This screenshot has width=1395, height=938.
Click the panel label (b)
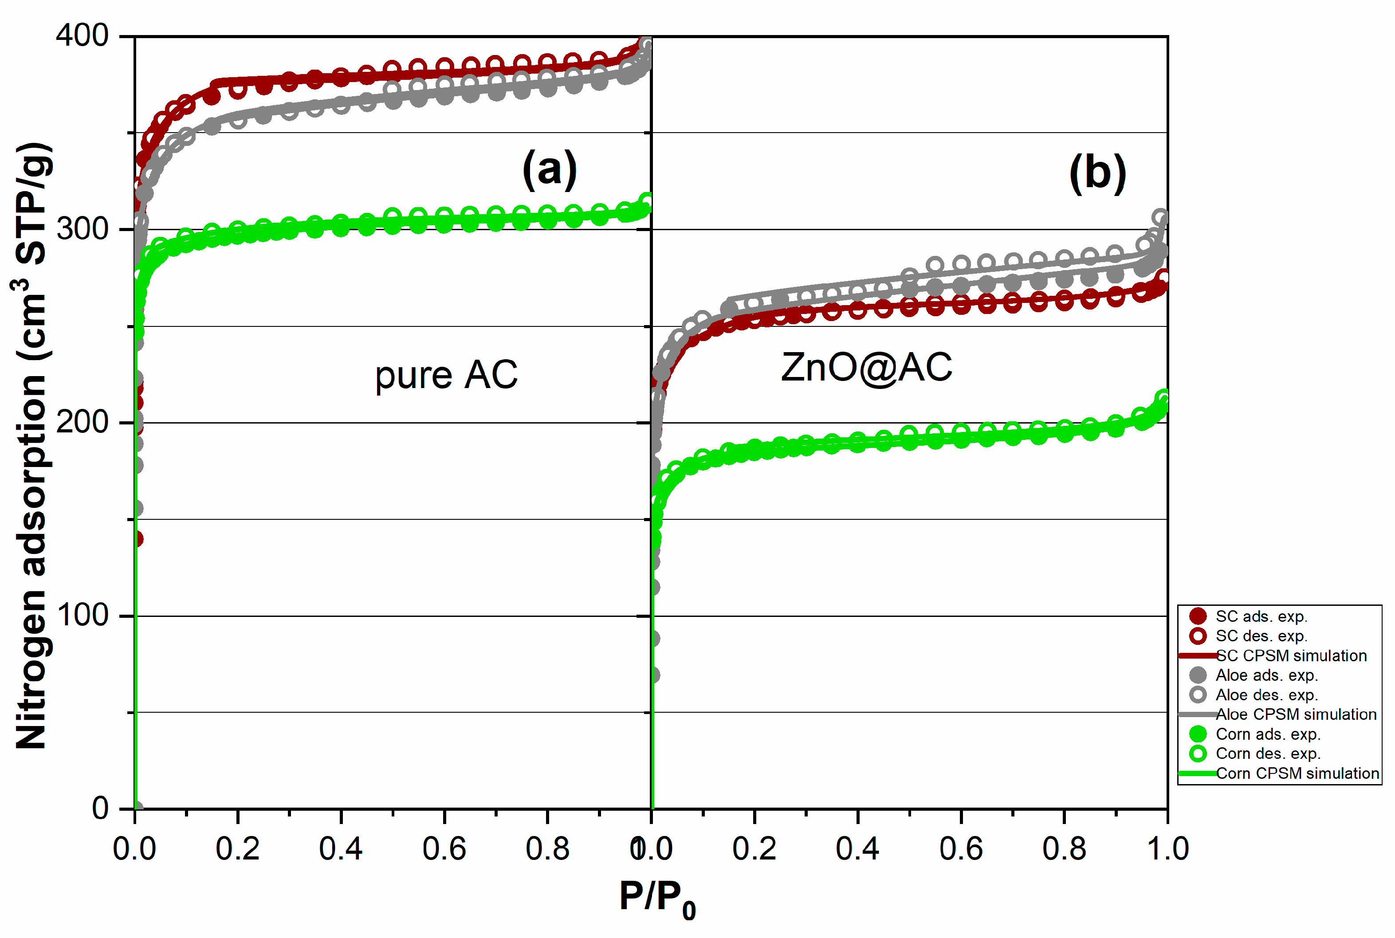pos(1097,173)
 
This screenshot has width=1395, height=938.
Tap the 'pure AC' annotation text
pos(446,375)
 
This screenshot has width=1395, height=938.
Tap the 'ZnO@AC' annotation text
pos(866,367)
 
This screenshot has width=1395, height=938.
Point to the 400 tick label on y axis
pos(82,36)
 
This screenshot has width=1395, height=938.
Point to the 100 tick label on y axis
pos(82,615)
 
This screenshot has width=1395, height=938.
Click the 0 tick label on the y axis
pos(100,808)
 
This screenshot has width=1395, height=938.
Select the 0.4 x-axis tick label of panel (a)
pos(340,849)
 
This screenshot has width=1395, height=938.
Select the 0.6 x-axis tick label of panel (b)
pos(960,849)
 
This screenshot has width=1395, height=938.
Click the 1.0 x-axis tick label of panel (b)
pos(1167,849)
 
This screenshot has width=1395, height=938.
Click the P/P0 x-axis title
pos(657,899)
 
